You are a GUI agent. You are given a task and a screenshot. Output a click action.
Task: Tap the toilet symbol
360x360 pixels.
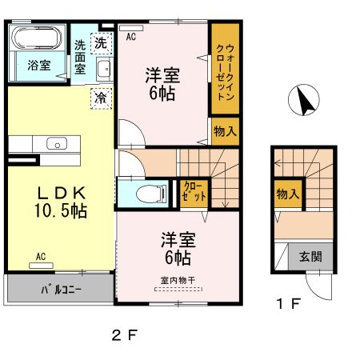151,194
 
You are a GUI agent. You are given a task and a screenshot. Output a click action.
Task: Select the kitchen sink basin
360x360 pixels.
57,144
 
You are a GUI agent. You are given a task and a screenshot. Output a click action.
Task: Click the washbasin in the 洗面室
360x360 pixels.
103,69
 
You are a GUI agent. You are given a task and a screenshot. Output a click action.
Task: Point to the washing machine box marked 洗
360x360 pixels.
101,43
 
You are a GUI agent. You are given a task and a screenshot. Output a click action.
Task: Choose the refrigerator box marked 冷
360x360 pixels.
101,98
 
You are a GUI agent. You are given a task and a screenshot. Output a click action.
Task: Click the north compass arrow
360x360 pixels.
305,100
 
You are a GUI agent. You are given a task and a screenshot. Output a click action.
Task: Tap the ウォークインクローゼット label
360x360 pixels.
225,72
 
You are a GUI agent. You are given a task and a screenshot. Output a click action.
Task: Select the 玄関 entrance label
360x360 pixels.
310,257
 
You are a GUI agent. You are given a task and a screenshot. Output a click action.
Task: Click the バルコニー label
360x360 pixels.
62,290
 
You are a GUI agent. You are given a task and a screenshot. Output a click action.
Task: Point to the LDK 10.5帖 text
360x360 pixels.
61,202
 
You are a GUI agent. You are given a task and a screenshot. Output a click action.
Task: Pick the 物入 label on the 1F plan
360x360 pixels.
288,194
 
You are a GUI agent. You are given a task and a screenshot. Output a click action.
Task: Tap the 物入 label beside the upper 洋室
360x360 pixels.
225,131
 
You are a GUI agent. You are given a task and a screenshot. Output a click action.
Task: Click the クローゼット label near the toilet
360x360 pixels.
194,191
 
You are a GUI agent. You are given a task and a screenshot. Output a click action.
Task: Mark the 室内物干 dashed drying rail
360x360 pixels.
178,289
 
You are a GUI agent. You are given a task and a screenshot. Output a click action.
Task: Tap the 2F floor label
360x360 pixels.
124,335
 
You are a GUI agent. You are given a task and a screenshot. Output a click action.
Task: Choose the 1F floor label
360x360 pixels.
289,304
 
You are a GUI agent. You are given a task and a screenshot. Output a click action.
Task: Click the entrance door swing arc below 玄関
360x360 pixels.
313,292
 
